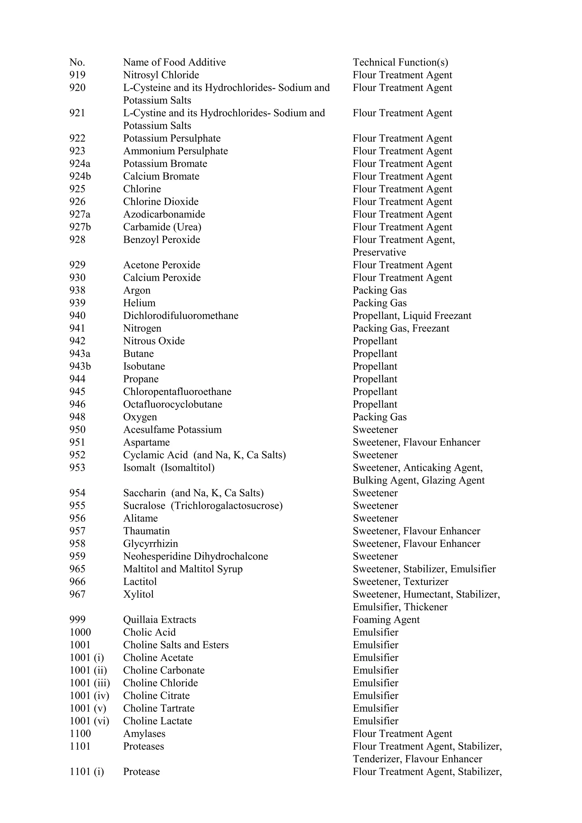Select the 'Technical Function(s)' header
click(400, 62)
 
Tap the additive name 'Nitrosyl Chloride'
click(161, 75)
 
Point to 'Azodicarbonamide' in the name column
click(164, 214)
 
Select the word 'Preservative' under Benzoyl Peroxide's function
click(379, 252)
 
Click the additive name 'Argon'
click(137, 290)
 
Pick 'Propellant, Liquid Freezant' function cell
click(412, 316)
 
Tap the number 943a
click(80, 354)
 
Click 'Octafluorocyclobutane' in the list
click(172, 404)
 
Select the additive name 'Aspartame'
click(146, 442)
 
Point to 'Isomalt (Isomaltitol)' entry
click(169, 468)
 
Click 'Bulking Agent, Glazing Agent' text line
click(419, 480)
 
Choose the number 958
click(78, 544)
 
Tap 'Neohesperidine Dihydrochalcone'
click(196, 556)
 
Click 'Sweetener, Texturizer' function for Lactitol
click(400, 582)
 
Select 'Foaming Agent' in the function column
click(386, 620)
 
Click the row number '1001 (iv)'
click(89, 696)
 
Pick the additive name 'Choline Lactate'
click(157, 721)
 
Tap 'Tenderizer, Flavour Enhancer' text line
click(417, 759)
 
